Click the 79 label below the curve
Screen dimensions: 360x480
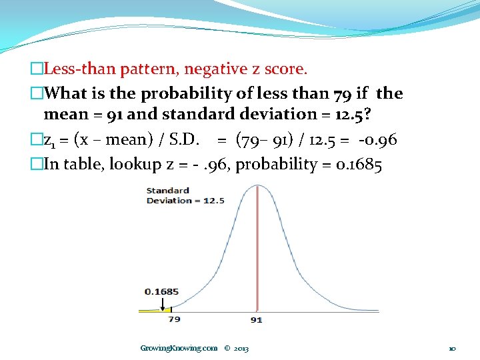(174, 319)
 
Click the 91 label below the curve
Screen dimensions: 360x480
(256, 320)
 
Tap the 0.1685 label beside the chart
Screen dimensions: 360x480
(161, 291)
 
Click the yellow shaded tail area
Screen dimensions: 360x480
(155, 309)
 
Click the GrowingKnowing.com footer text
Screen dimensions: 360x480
(179, 348)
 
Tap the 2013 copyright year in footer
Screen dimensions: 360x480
(241, 348)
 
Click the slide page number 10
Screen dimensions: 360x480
(452, 348)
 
